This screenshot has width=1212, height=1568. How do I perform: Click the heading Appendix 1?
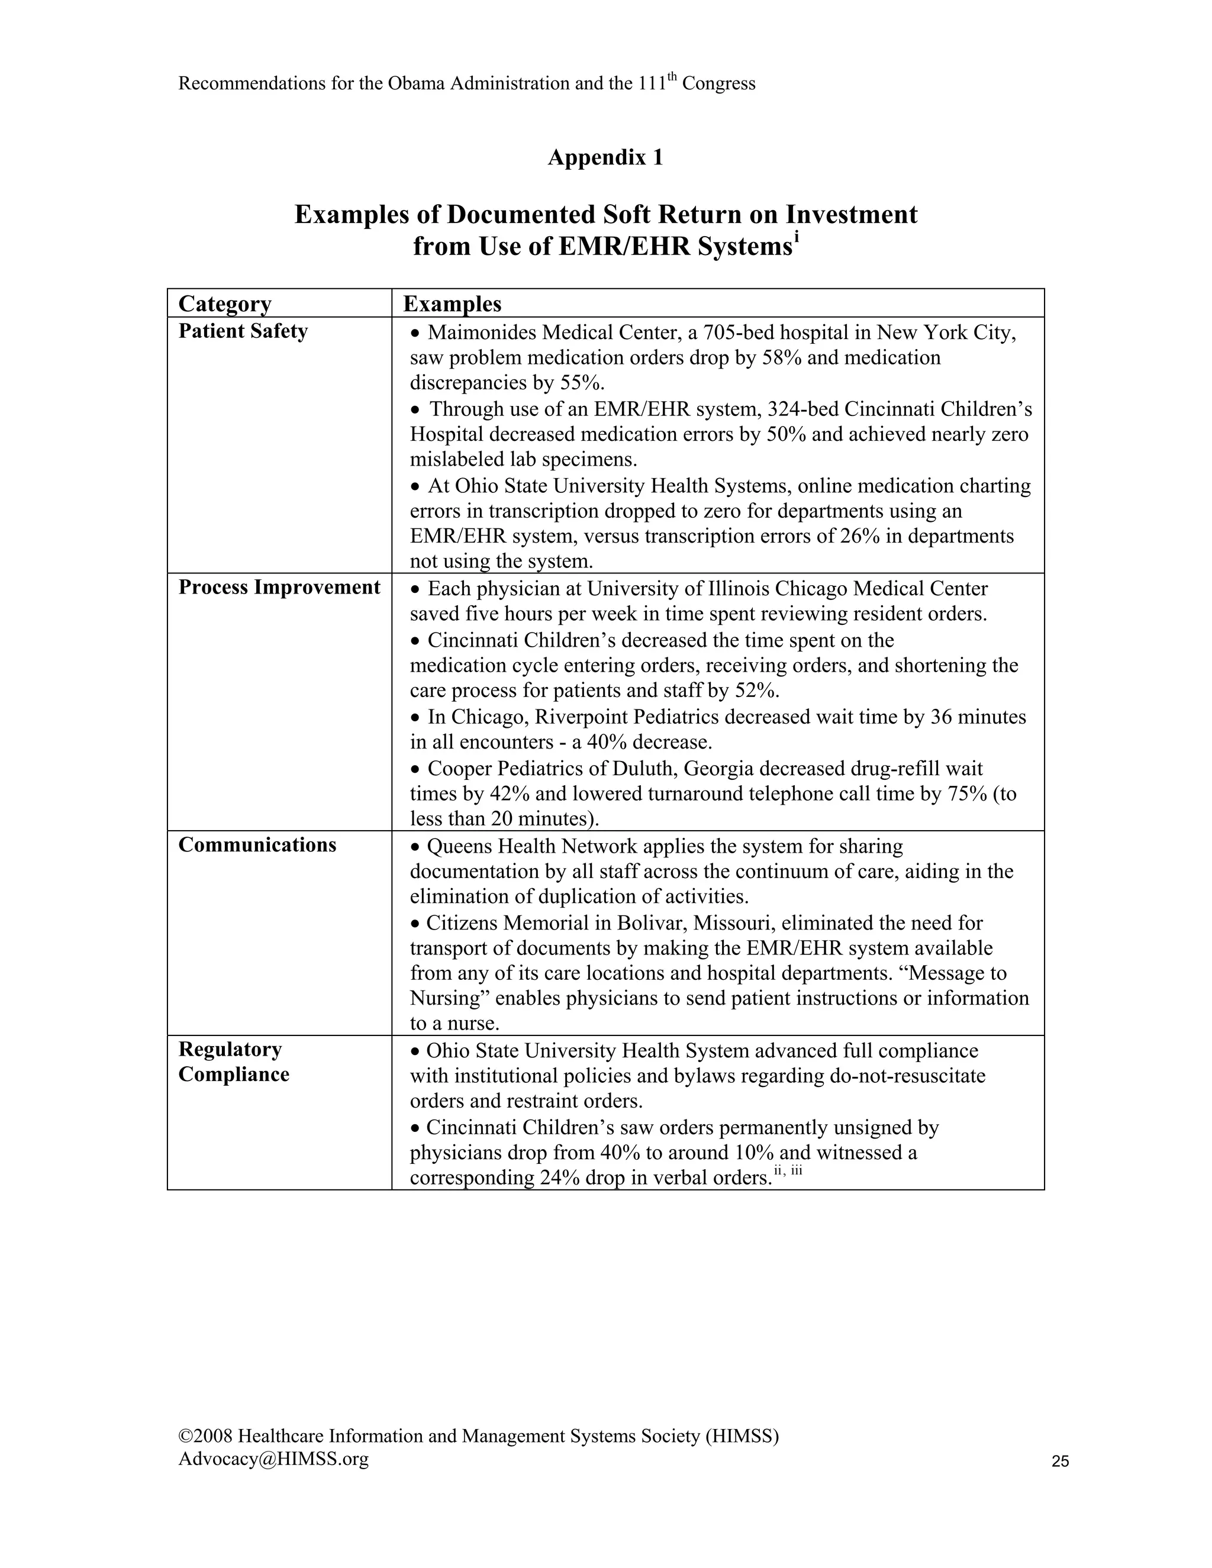pos(605,157)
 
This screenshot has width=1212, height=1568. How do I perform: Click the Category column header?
pos(225,304)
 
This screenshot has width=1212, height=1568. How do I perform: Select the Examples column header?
pos(452,304)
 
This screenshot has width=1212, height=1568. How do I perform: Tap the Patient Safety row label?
pos(243,331)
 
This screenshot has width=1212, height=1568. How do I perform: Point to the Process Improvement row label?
pos(279,588)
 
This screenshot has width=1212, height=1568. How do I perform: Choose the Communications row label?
pos(257,845)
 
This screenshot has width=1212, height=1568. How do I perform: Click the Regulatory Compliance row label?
pos(233,1062)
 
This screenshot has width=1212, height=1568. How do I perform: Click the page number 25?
pos(1060,1461)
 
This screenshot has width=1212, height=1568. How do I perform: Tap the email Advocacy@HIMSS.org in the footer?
pos(273,1458)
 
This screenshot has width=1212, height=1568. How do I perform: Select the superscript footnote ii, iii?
pos(788,1172)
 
